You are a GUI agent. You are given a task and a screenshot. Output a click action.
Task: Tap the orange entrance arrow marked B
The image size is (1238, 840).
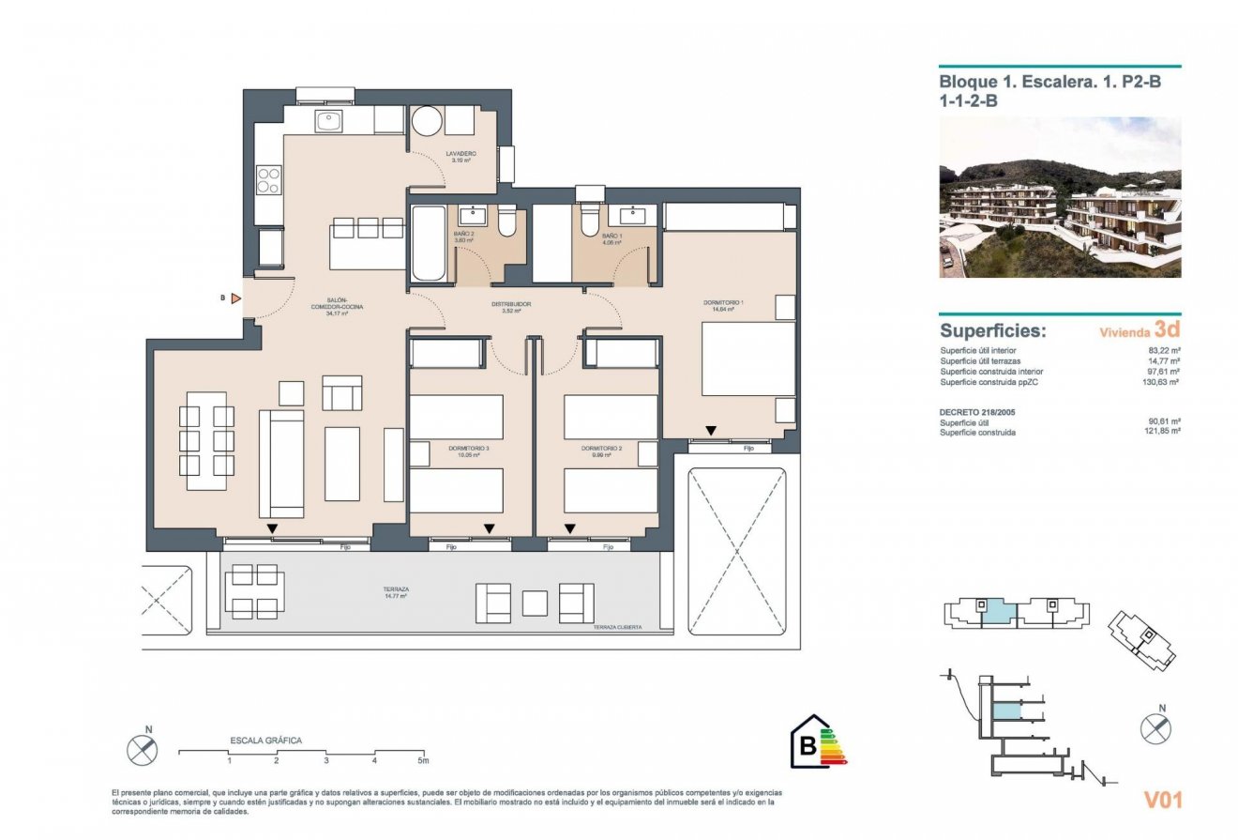(x=236, y=298)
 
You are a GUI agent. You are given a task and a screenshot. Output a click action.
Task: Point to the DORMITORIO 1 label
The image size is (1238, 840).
(x=723, y=303)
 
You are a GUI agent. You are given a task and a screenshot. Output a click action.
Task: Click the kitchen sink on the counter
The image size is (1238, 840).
(x=328, y=120)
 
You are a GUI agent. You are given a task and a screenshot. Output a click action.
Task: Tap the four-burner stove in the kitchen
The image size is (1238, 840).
(x=269, y=179)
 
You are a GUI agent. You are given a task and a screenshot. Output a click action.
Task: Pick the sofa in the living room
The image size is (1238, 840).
(x=281, y=463)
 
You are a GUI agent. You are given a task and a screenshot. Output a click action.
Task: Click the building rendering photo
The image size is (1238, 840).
(x=1060, y=197)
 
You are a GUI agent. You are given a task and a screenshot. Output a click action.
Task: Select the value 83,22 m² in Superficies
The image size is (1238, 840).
(x=1163, y=350)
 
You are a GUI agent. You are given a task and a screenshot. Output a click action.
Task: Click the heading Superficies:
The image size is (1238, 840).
(x=992, y=331)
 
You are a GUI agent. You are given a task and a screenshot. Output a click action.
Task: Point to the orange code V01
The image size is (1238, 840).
(x=1162, y=800)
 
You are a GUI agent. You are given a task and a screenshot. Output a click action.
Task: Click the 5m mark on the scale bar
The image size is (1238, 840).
(x=423, y=760)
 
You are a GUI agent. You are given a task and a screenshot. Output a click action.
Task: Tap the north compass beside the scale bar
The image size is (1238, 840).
(x=142, y=750)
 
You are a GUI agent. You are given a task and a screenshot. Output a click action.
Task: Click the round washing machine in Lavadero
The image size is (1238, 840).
(x=427, y=121)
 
